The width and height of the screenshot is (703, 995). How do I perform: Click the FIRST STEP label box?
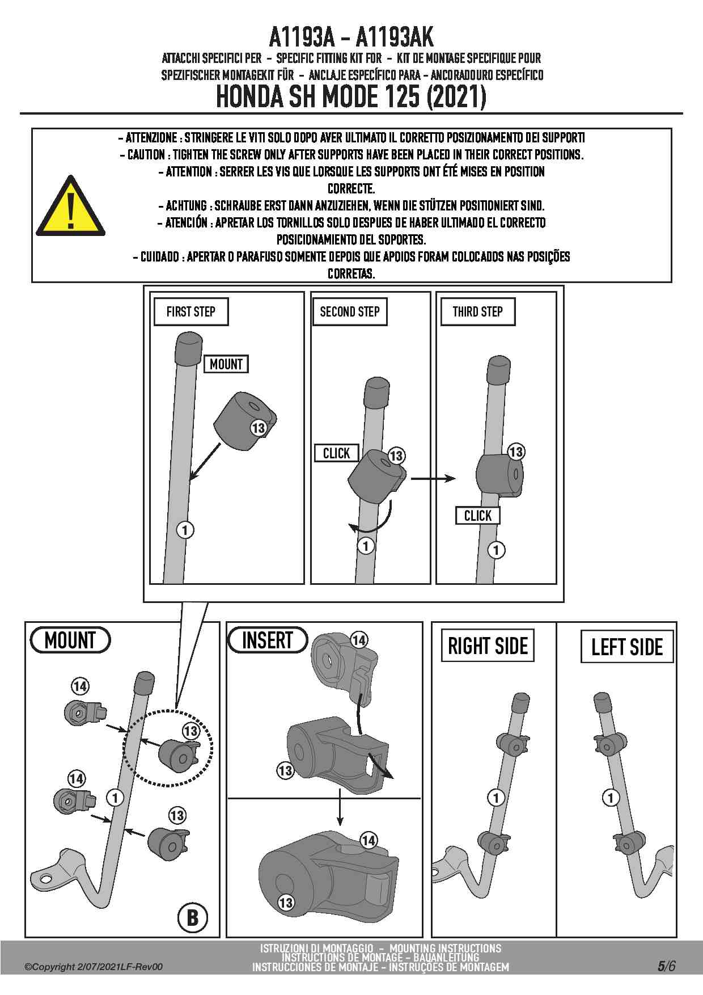click(x=191, y=311)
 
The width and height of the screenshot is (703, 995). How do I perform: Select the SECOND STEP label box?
click(x=350, y=311)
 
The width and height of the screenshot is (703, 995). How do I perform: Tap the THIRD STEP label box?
click(x=477, y=311)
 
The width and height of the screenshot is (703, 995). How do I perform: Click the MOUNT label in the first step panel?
click(x=226, y=364)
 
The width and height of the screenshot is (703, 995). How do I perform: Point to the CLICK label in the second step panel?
click(x=337, y=453)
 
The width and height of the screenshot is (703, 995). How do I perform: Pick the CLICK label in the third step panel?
click(x=478, y=516)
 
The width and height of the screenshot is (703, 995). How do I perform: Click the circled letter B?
click(x=193, y=917)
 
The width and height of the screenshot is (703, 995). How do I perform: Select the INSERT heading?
click(x=267, y=640)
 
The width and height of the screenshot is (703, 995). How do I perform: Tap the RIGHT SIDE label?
click(x=488, y=646)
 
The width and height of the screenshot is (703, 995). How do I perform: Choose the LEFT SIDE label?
click(x=627, y=647)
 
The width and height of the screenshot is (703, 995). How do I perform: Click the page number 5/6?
click(x=667, y=966)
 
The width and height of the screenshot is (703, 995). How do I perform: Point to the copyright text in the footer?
click(x=94, y=967)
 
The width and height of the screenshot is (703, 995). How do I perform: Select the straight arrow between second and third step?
click(x=433, y=479)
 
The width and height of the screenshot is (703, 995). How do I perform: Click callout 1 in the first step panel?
click(x=185, y=530)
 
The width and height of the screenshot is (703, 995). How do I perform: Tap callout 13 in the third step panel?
click(x=516, y=452)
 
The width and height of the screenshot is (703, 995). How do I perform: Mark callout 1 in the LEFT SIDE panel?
click(x=611, y=798)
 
